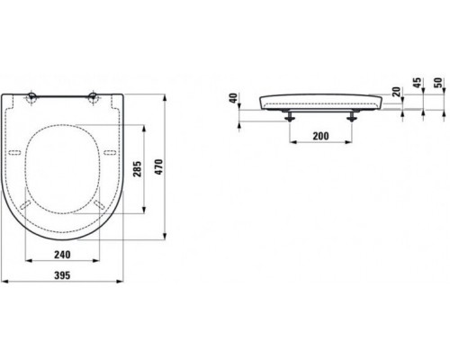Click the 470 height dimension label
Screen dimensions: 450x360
pyautogui.click(x=158, y=166)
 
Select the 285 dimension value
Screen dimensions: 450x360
pyautogui.click(x=137, y=169)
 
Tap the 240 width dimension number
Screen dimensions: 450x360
pyautogui.click(x=62, y=255)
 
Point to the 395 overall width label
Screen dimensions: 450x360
pyautogui.click(x=62, y=275)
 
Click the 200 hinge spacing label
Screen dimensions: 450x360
pyautogui.click(x=320, y=136)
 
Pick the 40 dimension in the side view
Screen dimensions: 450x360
pyautogui.click(x=234, y=98)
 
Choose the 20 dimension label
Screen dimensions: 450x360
pyautogui.click(x=397, y=92)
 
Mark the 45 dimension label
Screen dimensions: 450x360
pyautogui.click(x=418, y=83)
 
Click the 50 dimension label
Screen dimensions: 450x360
pyautogui.click(x=438, y=83)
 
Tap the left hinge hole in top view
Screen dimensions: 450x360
pyautogui.click(x=31, y=97)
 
